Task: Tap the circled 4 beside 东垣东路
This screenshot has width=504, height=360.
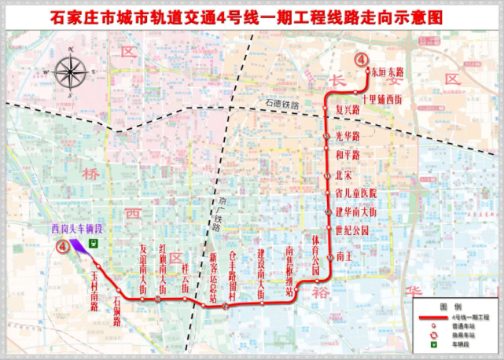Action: [x=360, y=60]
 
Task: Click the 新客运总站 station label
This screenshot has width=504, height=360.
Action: [x=212, y=274]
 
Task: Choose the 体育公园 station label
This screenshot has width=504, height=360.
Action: [x=315, y=255]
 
